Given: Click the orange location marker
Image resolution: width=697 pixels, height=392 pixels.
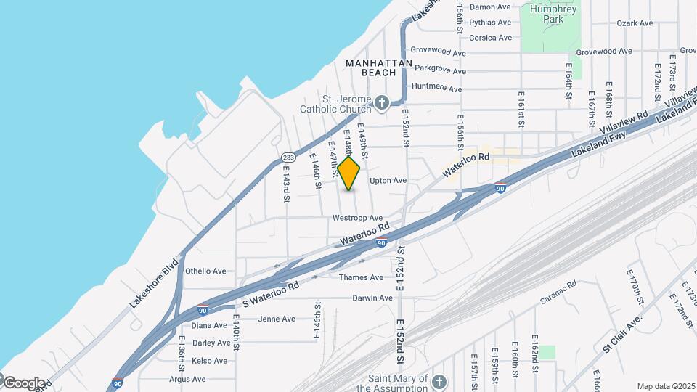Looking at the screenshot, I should click(349, 173).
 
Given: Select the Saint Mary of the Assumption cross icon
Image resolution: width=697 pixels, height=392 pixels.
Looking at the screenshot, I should click(438, 381).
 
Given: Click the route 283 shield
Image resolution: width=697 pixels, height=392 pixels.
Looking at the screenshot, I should click(288, 157).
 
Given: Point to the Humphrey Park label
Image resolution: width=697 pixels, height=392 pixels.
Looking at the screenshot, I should click(553, 15).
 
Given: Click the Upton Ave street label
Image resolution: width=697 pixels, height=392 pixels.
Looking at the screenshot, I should click(388, 181).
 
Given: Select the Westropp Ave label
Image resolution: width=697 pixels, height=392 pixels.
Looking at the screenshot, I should click(357, 218).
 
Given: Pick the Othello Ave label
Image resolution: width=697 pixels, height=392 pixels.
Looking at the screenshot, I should click(205, 271).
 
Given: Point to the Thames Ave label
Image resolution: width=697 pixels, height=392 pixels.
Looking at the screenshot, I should click(361, 277).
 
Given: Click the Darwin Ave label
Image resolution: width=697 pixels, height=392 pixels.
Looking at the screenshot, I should click(372, 298).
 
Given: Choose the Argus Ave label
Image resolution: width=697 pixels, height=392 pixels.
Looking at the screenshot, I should click(187, 379).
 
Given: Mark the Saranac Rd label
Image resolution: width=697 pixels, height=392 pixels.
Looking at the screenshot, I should click(558, 291).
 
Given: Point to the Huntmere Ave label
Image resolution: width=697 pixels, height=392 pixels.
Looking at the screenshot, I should click(436, 88).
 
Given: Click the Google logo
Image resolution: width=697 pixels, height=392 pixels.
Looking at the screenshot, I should click(23, 383).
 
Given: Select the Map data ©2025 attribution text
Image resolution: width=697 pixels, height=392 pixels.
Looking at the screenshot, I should click(665, 386).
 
